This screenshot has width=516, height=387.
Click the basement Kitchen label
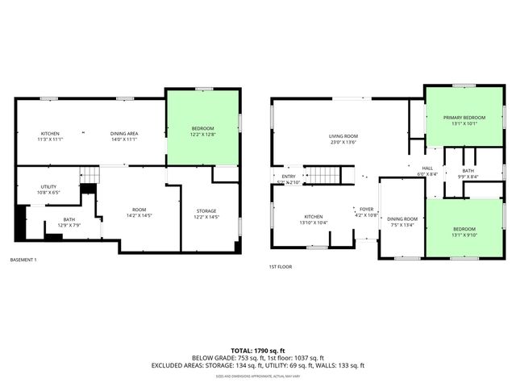(x=50, y=135)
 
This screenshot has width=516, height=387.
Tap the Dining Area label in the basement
(x=124, y=135)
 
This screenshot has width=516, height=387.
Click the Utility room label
(x=48, y=189)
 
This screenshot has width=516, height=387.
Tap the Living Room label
(x=343, y=139)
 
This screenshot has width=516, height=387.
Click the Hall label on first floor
(x=427, y=171)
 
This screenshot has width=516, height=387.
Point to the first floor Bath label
(x=468, y=173)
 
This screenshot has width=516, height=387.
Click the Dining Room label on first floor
(x=402, y=222)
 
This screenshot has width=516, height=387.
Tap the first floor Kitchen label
(x=314, y=219)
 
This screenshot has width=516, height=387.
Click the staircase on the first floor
(x=327, y=175)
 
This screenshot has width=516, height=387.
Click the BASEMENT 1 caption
(x=23, y=260)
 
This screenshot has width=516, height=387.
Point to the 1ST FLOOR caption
(x=281, y=267)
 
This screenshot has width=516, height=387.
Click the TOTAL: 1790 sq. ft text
(x=257, y=351)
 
